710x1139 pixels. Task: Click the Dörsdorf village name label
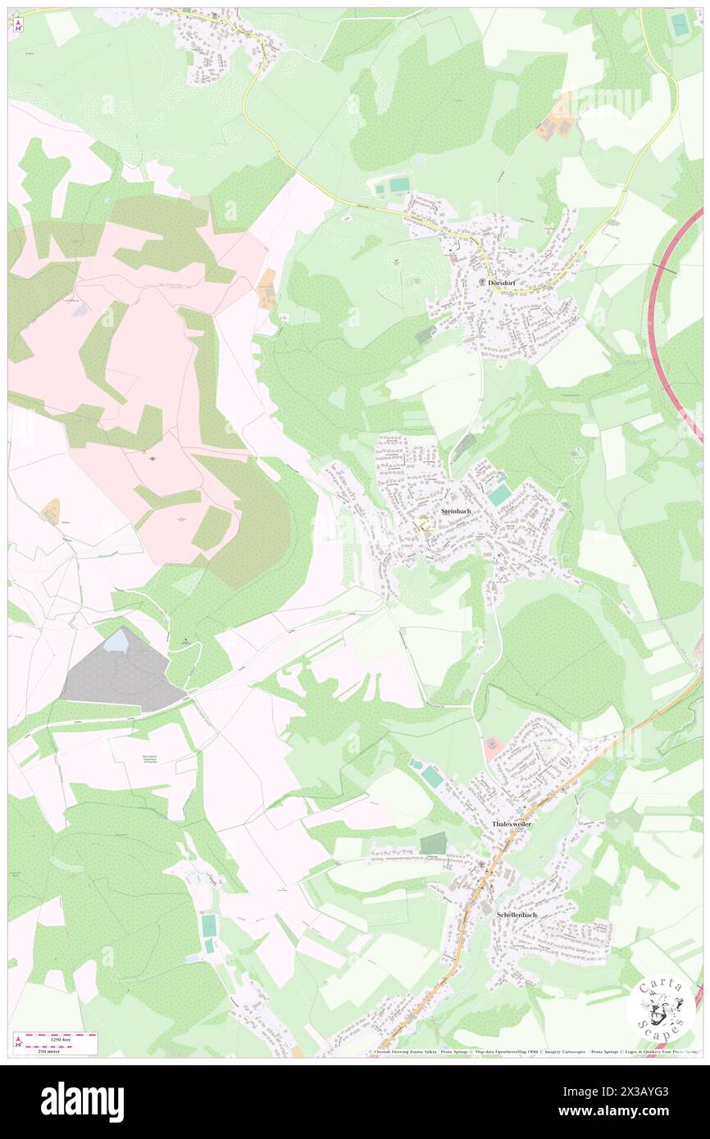[x=501, y=282]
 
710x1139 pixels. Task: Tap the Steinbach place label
[x=456, y=511]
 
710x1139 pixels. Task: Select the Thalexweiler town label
[x=512, y=824]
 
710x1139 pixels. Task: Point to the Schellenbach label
[x=517, y=914]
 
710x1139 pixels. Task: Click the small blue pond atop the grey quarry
[x=116, y=640]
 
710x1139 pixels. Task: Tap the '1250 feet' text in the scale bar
[x=55, y=1037]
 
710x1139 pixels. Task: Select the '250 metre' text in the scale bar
[x=55, y=1051]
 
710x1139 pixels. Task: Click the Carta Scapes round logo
[x=660, y=1008]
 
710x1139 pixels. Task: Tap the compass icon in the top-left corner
[x=16, y=24]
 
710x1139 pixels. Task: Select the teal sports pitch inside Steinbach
[x=498, y=495]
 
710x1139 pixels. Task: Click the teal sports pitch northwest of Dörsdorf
[x=398, y=186]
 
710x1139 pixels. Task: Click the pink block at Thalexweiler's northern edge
[x=492, y=747]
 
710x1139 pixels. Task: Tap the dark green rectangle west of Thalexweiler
[x=433, y=843]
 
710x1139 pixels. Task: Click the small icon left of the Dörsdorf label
[x=481, y=283]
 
